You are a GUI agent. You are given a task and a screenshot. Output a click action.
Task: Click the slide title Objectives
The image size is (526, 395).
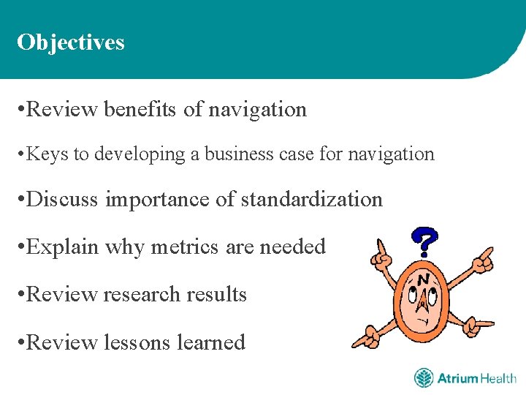pos(71,42)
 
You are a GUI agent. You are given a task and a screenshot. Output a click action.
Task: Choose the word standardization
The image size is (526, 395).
pos(311,199)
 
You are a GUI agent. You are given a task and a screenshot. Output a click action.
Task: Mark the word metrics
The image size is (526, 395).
pos(186,247)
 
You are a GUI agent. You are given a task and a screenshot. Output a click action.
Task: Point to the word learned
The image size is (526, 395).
pos(209,342)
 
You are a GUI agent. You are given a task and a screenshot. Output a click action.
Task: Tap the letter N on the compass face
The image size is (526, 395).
pos(423,280)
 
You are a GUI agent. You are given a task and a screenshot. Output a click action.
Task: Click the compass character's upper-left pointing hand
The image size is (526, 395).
pos(381,254)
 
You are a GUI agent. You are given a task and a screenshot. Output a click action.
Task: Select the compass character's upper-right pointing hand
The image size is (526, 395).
pos(483,260)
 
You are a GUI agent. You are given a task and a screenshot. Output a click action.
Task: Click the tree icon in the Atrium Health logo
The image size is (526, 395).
pos(424,378)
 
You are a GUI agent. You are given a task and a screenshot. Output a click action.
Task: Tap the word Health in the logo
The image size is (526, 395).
pos(498,378)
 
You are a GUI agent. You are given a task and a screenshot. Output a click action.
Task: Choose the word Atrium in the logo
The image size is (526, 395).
pos(457,378)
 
